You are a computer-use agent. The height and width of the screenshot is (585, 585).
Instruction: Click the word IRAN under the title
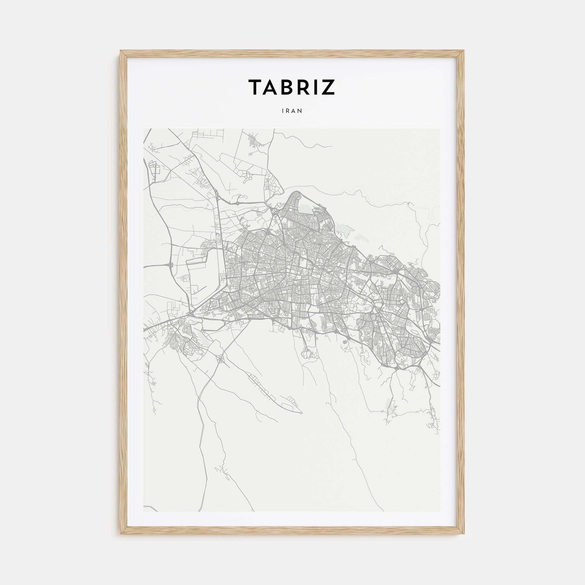[292, 111]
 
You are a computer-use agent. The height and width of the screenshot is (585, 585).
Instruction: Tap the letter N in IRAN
[300, 111]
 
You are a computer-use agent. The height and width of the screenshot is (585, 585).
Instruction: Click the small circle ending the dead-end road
[301, 413]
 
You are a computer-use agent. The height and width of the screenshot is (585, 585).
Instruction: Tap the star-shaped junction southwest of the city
[220, 359]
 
